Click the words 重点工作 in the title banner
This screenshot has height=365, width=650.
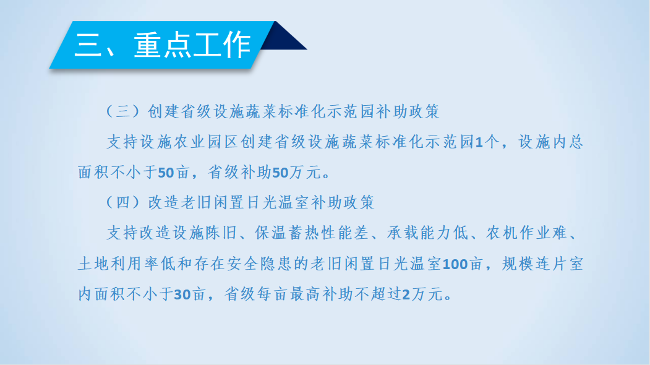pyautogui.click(x=192, y=45)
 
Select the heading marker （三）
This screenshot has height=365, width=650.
pyautogui.click(x=122, y=111)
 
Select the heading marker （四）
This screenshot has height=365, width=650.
pyautogui.click(x=122, y=202)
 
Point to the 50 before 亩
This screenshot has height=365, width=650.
pyautogui.click(x=166, y=173)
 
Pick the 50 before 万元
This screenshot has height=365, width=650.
pyautogui.click(x=280, y=173)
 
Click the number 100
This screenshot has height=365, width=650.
pyautogui.click(x=455, y=264)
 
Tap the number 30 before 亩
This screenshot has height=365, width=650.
pyautogui.click(x=182, y=294)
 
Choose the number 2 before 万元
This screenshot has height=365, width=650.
pyautogui.click(x=406, y=294)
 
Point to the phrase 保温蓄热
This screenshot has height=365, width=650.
pyautogui.click(x=288, y=233)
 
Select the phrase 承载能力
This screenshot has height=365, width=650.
pyautogui.click(x=419, y=233)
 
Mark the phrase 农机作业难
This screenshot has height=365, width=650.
pyautogui.click(x=526, y=233)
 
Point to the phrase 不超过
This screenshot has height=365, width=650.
pyautogui.click(x=378, y=294)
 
